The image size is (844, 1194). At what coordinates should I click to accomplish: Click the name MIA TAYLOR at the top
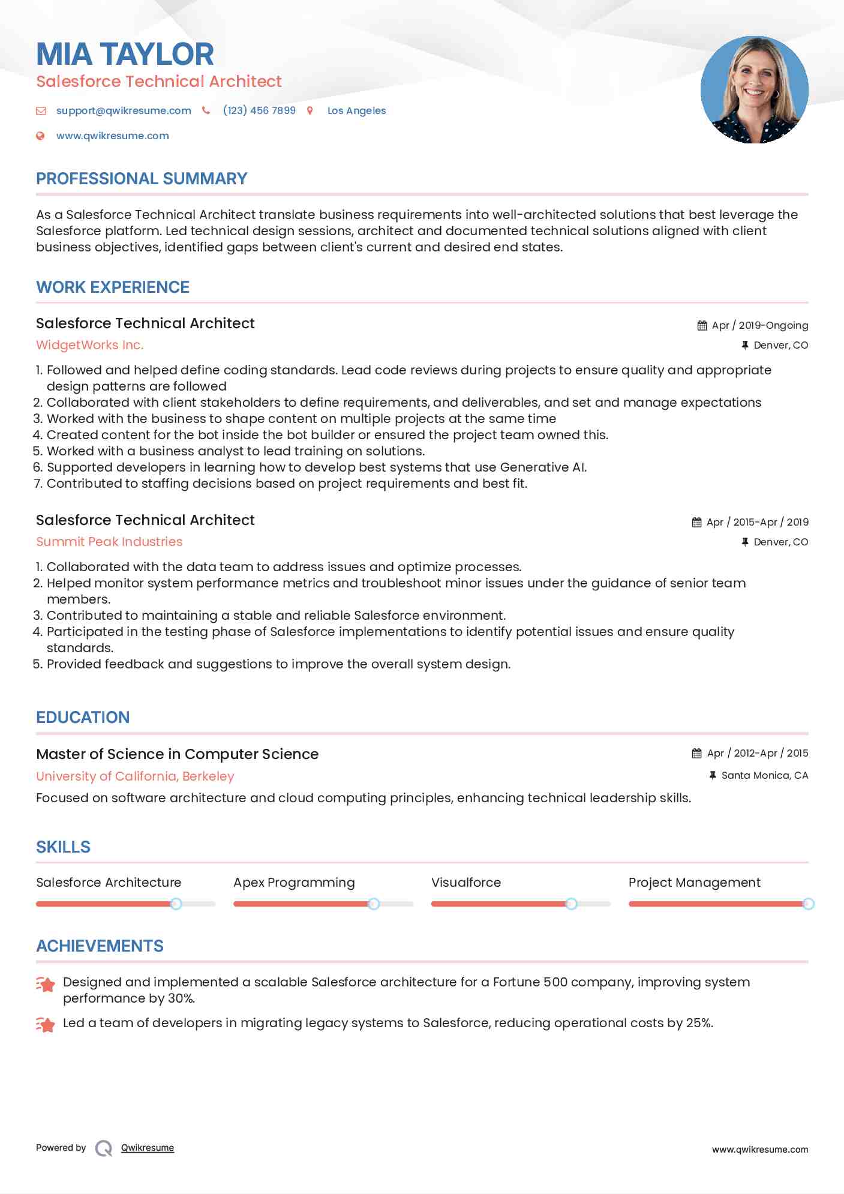(x=125, y=54)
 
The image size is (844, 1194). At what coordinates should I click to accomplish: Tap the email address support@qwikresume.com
(x=124, y=110)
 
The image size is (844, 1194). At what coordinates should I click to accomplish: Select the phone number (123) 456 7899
(x=259, y=110)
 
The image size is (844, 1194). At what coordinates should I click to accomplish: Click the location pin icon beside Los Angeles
(x=310, y=110)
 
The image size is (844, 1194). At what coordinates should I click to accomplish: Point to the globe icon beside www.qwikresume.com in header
(x=40, y=136)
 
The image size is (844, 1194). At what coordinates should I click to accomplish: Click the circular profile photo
(x=754, y=90)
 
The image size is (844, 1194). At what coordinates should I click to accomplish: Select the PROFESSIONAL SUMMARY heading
(x=142, y=179)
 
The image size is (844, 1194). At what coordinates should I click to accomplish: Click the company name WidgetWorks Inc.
(x=89, y=345)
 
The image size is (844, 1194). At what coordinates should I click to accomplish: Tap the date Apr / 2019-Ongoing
(x=759, y=325)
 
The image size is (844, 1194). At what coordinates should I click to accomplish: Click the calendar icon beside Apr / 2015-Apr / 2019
(x=696, y=522)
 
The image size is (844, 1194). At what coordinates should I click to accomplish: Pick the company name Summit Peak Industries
(x=109, y=542)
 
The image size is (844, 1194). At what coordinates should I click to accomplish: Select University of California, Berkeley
(x=135, y=776)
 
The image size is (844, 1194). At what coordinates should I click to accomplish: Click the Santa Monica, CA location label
(x=764, y=775)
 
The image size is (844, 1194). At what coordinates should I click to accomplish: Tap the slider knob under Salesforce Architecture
(x=176, y=904)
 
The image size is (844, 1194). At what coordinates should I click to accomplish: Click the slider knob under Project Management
(x=808, y=904)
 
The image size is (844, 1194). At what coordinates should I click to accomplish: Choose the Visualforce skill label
(x=465, y=883)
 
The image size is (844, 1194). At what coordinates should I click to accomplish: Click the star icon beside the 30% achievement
(x=46, y=984)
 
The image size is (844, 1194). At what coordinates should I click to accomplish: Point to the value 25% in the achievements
(x=699, y=1023)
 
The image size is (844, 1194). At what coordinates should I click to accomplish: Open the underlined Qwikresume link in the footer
(x=148, y=1148)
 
